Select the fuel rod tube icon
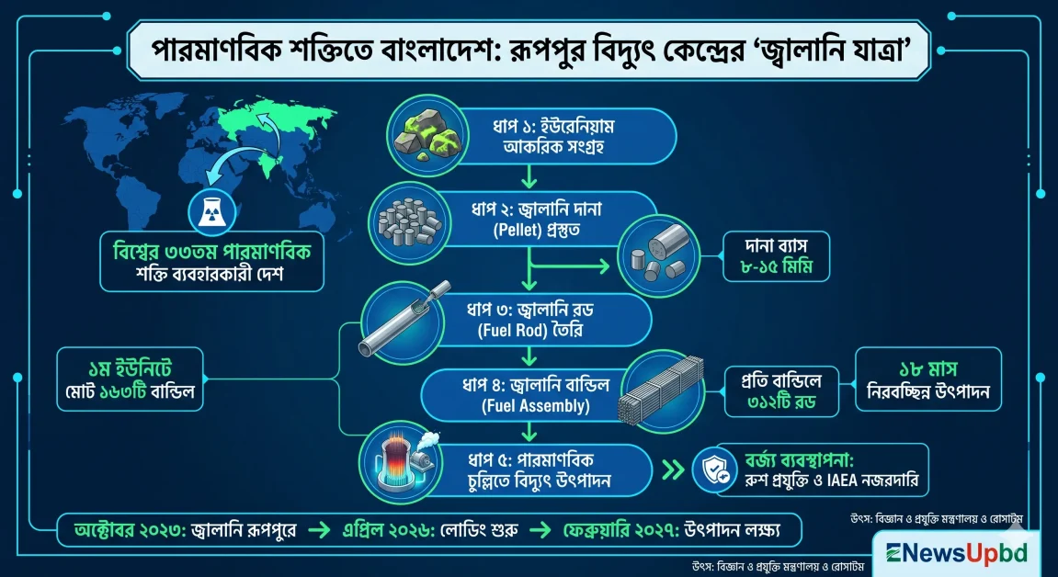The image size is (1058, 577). coord(397,319)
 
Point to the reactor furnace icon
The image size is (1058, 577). coord(396,465)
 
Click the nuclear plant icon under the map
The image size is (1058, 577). coord(208,213)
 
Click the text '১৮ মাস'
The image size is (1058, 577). coord(928,369)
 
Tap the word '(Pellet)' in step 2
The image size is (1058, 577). coord(506,227)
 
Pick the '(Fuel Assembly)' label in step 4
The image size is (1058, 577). coord(521,403)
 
